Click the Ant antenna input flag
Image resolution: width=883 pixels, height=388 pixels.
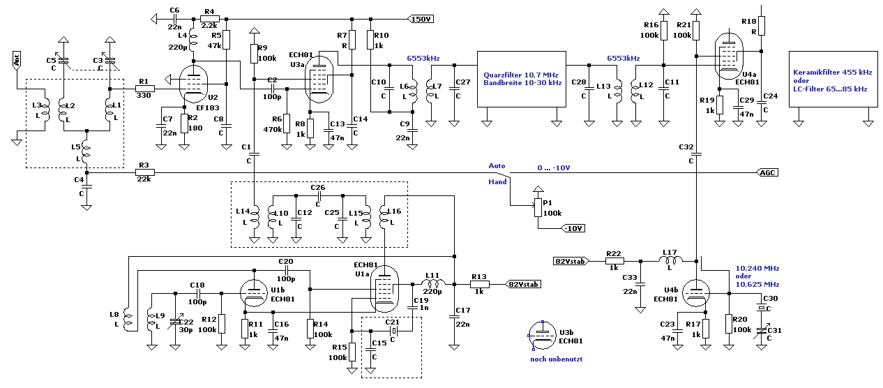(17, 60)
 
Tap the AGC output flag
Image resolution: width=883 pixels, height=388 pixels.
(767, 172)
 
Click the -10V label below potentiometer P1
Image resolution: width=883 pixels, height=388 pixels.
(573, 228)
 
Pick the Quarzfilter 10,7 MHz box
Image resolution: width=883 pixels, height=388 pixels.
(522, 79)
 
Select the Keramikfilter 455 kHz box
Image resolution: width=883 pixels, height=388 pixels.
(833, 79)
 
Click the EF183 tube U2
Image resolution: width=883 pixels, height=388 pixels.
(193, 84)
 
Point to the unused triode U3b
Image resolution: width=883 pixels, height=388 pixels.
(543, 336)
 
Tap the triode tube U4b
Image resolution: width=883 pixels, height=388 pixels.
(696, 293)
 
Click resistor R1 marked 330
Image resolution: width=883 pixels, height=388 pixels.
(144, 89)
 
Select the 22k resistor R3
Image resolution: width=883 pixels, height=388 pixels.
(144, 172)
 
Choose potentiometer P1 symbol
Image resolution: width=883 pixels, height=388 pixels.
(538, 207)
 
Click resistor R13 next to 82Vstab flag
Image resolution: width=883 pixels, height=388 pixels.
(479, 284)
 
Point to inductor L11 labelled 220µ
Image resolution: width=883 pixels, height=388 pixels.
(433, 283)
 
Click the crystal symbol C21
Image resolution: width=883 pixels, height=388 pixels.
(393, 331)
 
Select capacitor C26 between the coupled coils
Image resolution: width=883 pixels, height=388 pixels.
(319, 196)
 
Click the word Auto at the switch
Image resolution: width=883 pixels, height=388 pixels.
(497, 166)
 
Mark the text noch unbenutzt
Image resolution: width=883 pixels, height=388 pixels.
(556, 359)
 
